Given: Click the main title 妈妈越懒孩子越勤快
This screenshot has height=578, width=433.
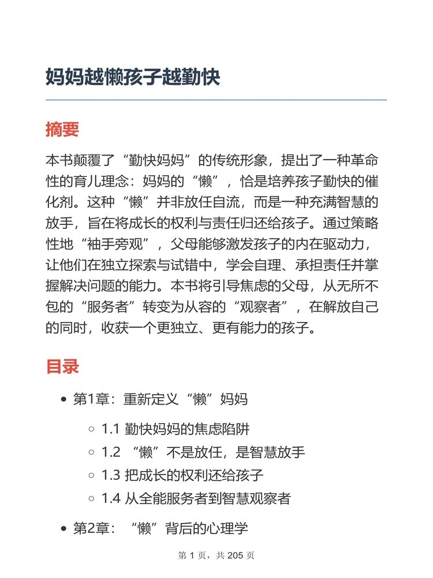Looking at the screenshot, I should (x=133, y=76).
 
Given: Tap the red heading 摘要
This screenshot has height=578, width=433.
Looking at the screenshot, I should (x=62, y=129).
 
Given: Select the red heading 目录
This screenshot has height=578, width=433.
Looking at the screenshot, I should (x=62, y=366).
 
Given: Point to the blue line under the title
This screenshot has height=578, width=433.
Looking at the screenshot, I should (x=216, y=100).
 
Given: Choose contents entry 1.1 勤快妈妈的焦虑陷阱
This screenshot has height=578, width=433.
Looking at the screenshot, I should (x=176, y=429).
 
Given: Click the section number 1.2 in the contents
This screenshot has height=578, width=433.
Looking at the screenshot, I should (x=110, y=453).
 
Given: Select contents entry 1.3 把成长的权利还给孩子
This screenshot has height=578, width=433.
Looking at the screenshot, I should (x=182, y=476).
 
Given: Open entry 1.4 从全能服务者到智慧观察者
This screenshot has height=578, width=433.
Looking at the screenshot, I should (x=196, y=499).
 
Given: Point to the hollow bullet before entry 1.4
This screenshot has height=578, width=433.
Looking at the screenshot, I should (x=91, y=499).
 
